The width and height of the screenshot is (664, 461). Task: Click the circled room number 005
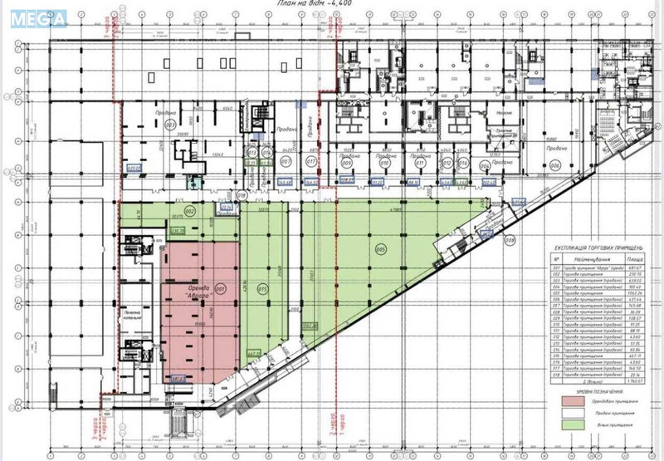(x=381, y=248)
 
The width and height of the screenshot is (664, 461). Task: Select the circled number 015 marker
(x=262, y=289)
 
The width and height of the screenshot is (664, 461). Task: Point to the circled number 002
(x=189, y=212)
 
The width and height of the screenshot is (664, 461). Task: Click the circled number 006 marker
(x=555, y=165)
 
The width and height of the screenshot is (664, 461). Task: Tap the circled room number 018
(x=242, y=196)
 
